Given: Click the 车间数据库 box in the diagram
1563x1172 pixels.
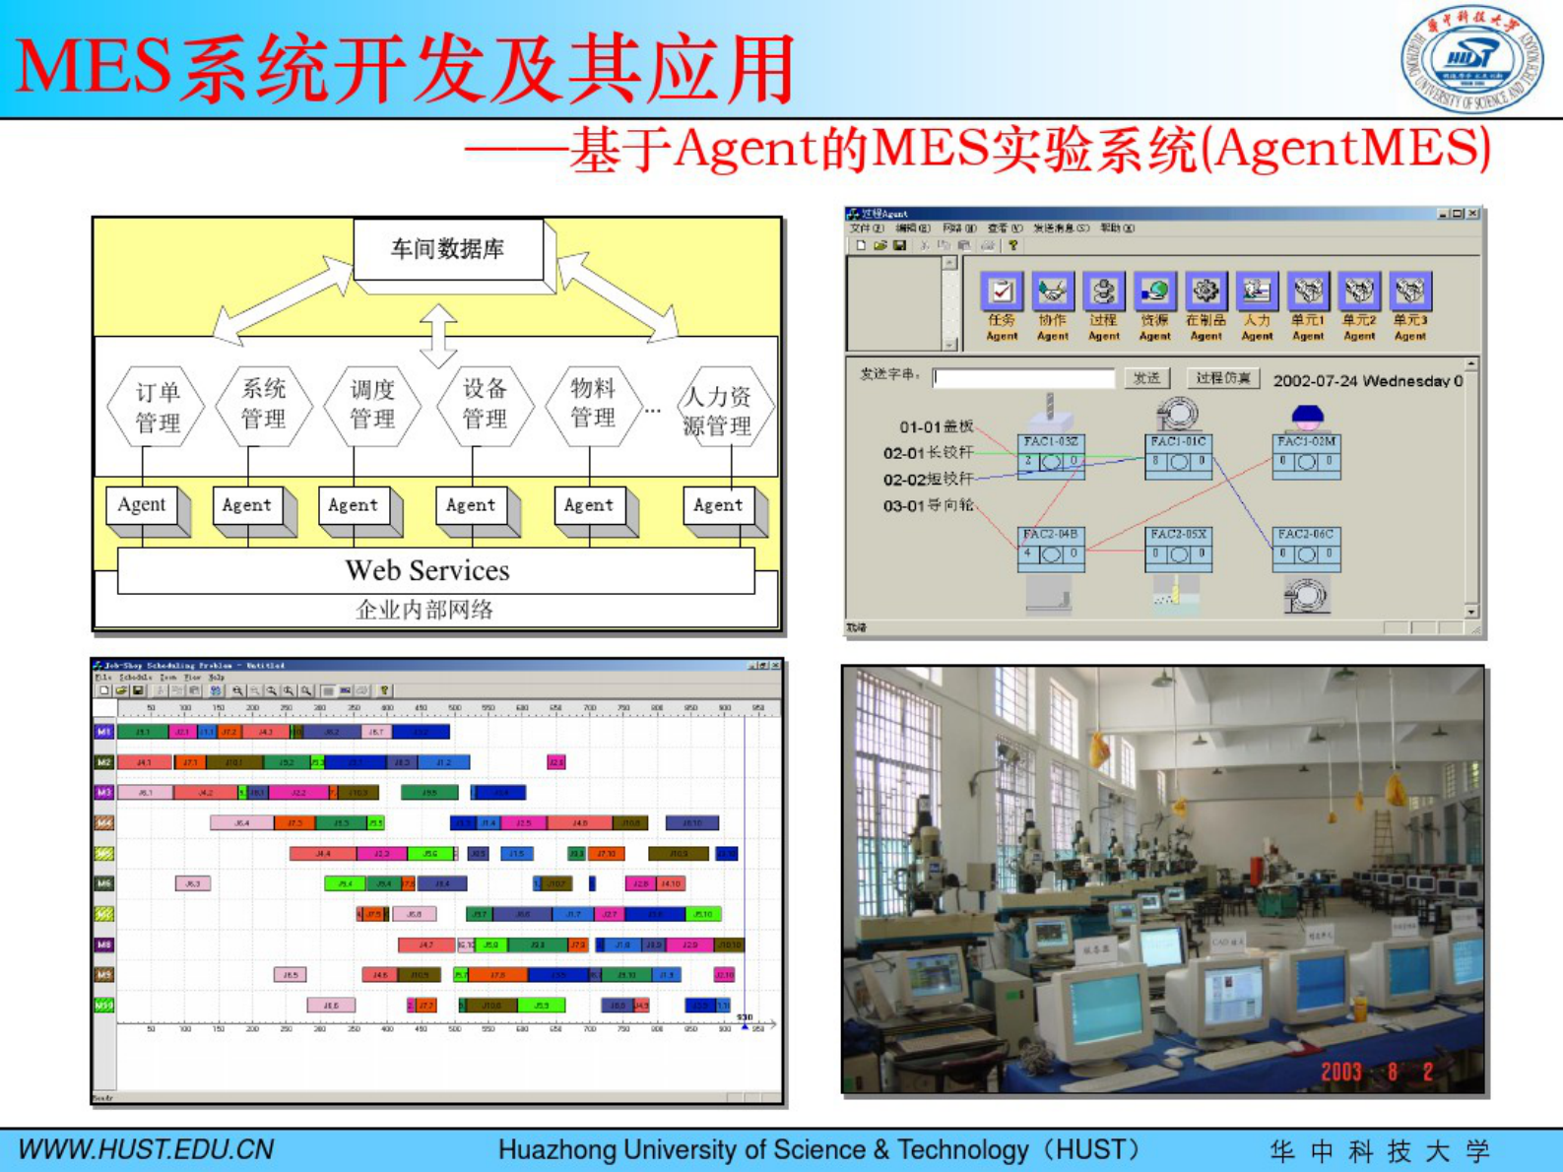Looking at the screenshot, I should click(x=448, y=250).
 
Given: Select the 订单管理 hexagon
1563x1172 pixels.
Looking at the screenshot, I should click(x=157, y=407).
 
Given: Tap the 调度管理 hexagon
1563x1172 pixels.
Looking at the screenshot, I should click(x=372, y=405).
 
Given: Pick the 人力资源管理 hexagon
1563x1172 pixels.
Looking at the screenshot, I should click(x=718, y=410).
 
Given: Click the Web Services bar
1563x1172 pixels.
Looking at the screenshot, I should click(x=427, y=570).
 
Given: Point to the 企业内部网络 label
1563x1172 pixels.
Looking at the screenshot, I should click(x=423, y=610).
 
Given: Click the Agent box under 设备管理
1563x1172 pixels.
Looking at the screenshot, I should click(x=471, y=505).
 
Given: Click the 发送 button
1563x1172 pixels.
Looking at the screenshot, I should click(x=1146, y=378).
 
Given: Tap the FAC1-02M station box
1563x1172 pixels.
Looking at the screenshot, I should click(x=1306, y=454).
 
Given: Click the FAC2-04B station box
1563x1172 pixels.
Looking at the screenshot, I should click(x=1050, y=548).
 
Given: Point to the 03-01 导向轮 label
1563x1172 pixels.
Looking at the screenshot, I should click(x=928, y=505).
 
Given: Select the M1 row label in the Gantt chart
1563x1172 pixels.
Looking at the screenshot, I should click(x=104, y=732).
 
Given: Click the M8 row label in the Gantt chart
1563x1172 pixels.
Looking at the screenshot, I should click(x=104, y=944).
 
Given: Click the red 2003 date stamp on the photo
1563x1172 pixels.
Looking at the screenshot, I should click(x=1340, y=1072).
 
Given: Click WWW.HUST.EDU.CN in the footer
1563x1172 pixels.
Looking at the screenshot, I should click(x=147, y=1149).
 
